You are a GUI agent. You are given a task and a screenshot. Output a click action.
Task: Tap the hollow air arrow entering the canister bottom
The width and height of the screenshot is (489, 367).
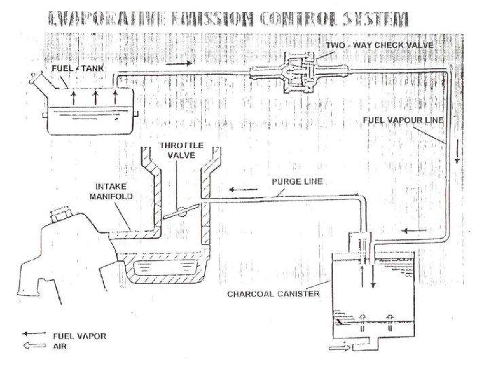tap(338, 350)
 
